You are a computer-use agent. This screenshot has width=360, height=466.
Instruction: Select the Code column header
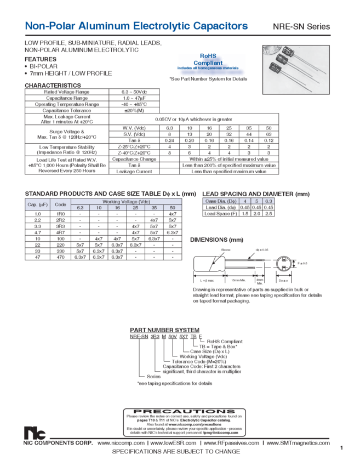tap(61, 203)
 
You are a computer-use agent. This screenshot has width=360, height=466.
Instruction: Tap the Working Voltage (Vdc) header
tap(127, 201)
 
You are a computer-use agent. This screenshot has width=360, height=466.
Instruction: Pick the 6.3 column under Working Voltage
tap(79, 208)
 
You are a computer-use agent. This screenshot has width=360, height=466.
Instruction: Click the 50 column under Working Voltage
tap(172, 208)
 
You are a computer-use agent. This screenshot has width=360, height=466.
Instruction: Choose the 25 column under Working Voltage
tap(135, 208)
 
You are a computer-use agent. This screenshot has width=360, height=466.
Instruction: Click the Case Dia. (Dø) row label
tap(219, 201)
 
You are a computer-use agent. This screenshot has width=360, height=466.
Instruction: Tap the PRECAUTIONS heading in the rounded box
tap(180, 411)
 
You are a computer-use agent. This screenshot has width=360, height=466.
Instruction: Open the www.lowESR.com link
tap(173, 442)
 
